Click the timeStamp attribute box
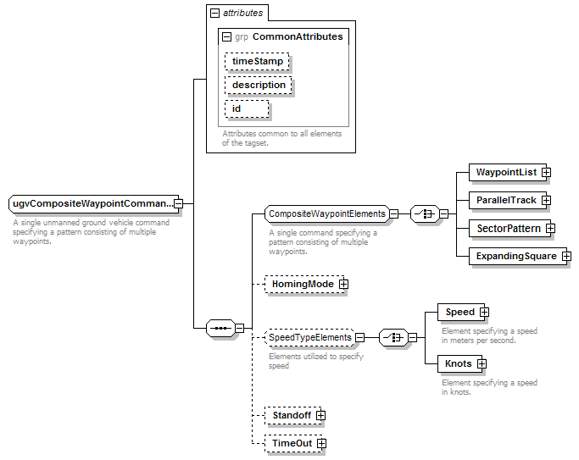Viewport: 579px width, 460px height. pyautogui.click(x=257, y=61)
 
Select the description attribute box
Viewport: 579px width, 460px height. pyautogui.click(x=258, y=85)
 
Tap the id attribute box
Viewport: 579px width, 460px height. pyautogui.click(x=247, y=108)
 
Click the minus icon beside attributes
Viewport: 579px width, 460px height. pyautogui.click(x=214, y=14)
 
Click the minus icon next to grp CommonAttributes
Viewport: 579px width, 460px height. pyautogui.click(x=226, y=37)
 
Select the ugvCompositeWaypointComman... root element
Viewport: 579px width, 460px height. pyautogui.click(x=93, y=203)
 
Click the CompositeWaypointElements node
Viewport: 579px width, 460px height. pyautogui.click(x=326, y=214)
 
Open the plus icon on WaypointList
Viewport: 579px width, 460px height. pyautogui.click(x=546, y=172)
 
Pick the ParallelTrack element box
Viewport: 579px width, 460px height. pyautogui.click(x=508, y=200)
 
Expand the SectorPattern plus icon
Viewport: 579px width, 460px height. pyautogui.click(x=550, y=229)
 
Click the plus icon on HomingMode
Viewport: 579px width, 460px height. pyautogui.click(x=343, y=284)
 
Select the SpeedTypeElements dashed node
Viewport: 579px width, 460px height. pyautogui.click(x=309, y=337)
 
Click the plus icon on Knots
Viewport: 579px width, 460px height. pyautogui.click(x=482, y=363)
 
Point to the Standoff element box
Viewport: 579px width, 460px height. pyautogui.click(x=292, y=415)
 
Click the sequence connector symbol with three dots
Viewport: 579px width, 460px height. pyautogui.click(x=220, y=328)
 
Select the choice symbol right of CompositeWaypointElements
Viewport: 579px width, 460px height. pyautogui.click(x=425, y=214)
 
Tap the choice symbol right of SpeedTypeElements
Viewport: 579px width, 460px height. pyautogui.click(x=393, y=337)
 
